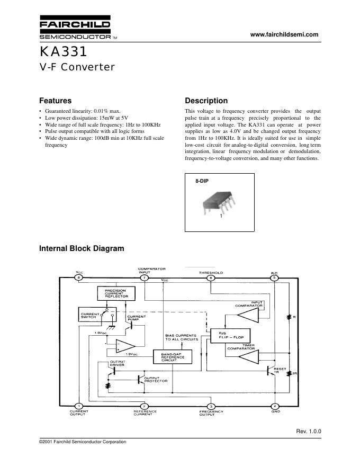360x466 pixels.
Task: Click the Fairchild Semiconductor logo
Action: click(75, 29)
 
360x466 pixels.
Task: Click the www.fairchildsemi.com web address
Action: click(284, 35)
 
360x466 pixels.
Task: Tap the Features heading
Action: click(56, 101)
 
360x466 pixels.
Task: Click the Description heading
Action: click(206, 101)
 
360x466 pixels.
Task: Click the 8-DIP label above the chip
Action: click(202, 181)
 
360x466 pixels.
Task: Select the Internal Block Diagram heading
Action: click(82, 248)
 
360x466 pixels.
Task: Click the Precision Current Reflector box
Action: click(116, 293)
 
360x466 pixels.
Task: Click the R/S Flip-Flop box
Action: click(230, 335)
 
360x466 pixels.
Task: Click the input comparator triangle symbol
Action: click(246, 317)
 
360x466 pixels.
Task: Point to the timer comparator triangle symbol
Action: click(246, 358)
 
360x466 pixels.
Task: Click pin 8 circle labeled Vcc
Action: click(79, 277)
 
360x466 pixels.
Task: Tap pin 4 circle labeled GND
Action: click(275, 406)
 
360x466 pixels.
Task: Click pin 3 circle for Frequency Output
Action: click(211, 406)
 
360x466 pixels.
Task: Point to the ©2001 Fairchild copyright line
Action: click(83, 442)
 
